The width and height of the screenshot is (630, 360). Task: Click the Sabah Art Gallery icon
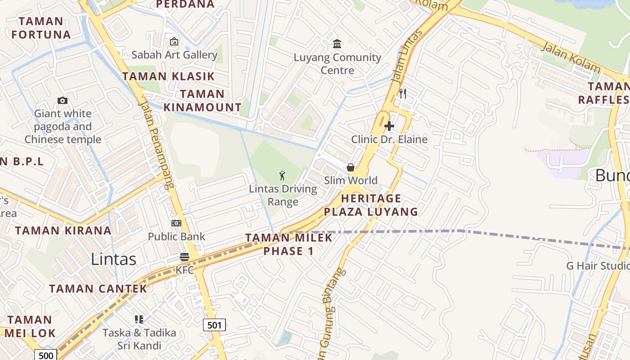point(174,42)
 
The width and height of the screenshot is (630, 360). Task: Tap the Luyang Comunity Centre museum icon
point(337,44)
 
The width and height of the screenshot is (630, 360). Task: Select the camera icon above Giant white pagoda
point(63,100)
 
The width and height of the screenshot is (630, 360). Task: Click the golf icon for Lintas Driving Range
point(283,175)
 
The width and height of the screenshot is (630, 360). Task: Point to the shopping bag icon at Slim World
point(351,167)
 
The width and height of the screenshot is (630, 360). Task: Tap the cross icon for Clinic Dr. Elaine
point(389,126)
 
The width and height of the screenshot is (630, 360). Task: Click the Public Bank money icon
point(176,223)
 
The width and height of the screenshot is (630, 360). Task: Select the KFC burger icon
point(184,257)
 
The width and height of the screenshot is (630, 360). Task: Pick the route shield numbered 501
point(214,324)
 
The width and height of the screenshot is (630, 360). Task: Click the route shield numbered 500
point(46,355)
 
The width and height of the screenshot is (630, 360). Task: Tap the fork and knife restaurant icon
point(403,93)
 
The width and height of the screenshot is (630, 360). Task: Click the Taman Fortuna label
point(41,28)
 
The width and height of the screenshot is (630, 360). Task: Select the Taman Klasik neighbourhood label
point(169,76)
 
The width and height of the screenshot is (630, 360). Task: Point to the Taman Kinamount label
point(202,101)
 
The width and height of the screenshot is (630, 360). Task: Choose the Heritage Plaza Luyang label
point(371,205)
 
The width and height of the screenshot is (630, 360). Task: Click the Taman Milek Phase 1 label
point(288,244)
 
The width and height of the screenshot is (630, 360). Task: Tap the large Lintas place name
point(113,259)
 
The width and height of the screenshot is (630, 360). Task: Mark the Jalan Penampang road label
point(156,144)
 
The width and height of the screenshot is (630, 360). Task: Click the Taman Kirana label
point(63,230)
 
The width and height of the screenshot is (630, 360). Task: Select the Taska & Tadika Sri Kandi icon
point(139,319)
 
